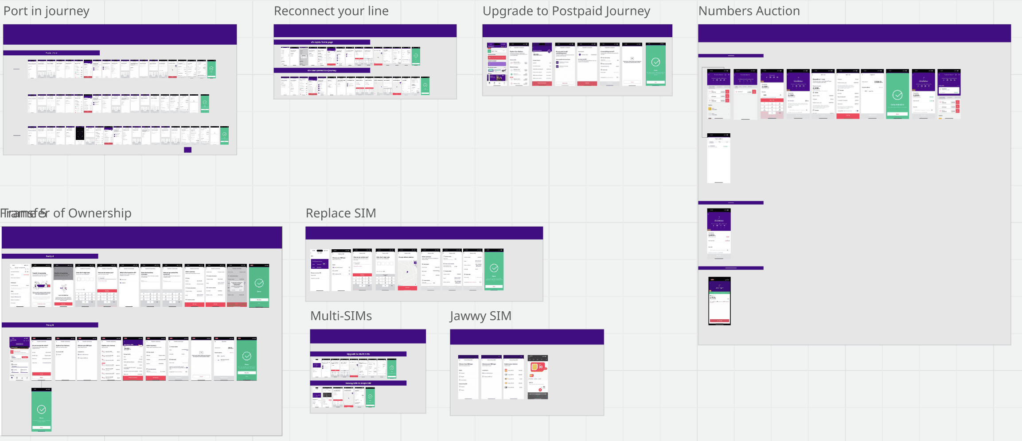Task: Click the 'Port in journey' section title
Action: point(47,11)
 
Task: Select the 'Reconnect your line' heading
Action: point(331,11)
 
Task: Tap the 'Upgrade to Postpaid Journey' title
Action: point(566,11)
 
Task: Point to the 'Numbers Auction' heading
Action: point(749,11)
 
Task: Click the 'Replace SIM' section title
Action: point(340,213)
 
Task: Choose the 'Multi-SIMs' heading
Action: point(341,316)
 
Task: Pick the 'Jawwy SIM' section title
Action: point(480,316)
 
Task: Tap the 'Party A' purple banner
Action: point(50,256)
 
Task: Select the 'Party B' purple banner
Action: point(50,325)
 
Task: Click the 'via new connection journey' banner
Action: point(322,70)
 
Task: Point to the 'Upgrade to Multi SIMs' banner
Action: point(358,354)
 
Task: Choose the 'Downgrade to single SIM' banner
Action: point(358,383)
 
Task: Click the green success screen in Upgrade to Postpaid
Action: point(655,64)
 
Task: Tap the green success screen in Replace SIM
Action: point(494,269)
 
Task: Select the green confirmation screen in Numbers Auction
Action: point(897,94)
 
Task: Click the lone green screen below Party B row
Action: point(42,410)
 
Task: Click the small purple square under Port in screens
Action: point(188,150)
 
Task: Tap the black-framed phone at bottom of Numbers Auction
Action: point(719,301)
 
